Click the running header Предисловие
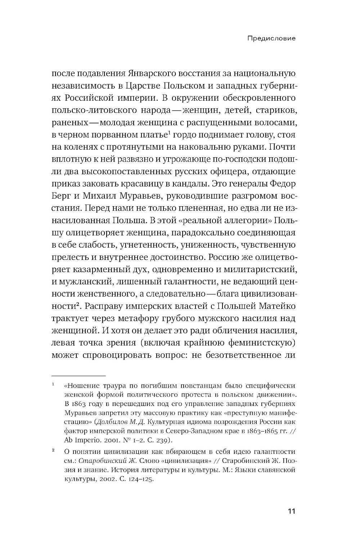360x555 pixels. pos(271,38)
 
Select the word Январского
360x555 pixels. pos(151,73)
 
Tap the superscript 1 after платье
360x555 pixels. pos(168,133)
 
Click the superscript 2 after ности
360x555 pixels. pos(77,304)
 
